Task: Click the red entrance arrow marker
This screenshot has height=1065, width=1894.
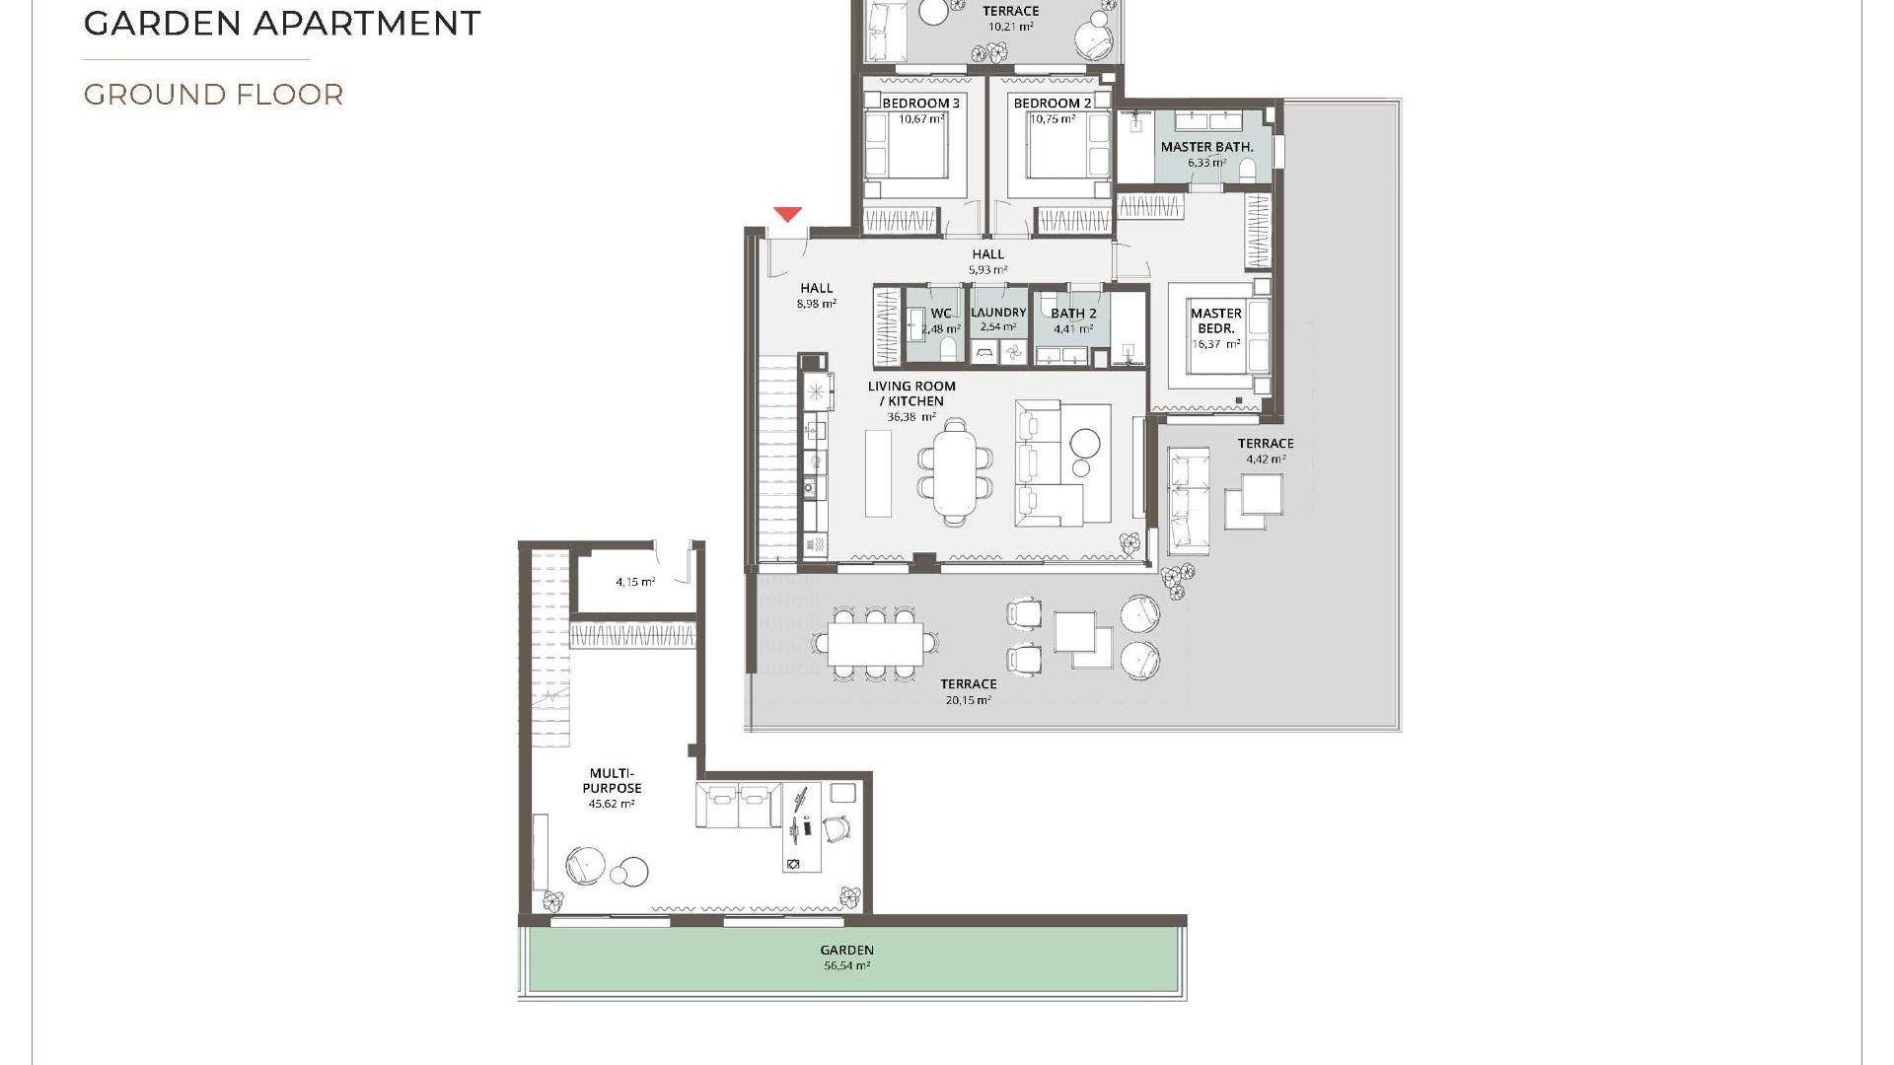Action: [x=787, y=214]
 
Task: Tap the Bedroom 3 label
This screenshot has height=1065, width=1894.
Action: [x=920, y=104]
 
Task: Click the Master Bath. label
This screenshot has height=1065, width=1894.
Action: [x=1206, y=147]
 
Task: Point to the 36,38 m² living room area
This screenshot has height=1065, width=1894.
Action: [x=911, y=417]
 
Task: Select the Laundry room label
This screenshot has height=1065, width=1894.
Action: [x=998, y=313]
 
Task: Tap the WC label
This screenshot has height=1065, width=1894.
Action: [x=941, y=314]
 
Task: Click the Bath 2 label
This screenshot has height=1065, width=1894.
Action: [x=1073, y=314]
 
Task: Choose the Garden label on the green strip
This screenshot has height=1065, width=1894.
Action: [x=846, y=951]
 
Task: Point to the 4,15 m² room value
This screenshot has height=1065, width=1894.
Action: [x=635, y=582]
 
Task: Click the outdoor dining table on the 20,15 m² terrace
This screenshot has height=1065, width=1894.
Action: [x=875, y=644]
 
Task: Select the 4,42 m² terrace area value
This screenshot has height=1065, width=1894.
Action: [x=1266, y=460]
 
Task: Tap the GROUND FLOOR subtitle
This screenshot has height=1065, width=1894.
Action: [x=213, y=95]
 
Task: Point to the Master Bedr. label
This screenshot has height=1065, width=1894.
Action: [x=1215, y=320]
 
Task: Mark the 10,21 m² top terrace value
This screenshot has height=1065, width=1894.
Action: [x=1010, y=27]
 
